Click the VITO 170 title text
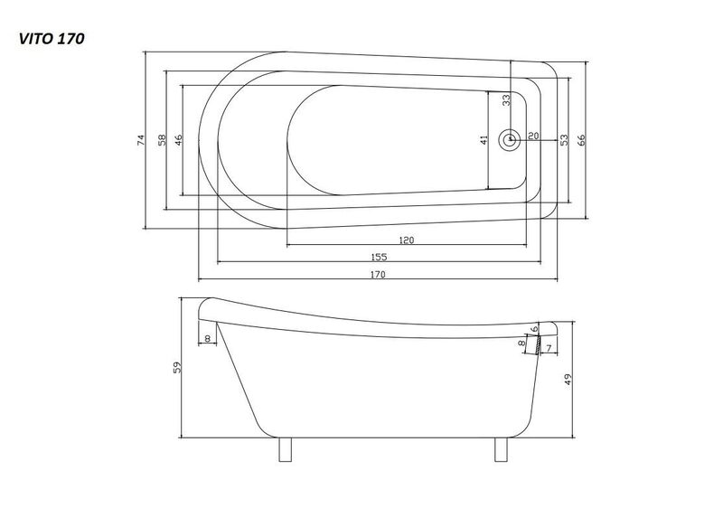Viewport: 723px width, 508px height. tap(52, 39)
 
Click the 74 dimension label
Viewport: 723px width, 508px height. tap(140, 140)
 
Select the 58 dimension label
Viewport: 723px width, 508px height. tap(162, 140)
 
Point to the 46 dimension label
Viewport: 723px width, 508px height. tap(179, 140)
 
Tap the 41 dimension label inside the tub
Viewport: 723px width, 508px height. tap(484, 140)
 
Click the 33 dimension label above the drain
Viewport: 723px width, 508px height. tap(506, 100)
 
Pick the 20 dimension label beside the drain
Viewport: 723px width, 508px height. tap(533, 136)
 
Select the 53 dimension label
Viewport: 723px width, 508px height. tap(564, 140)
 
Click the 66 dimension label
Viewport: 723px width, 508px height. tap(581, 140)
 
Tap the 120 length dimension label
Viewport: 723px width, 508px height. tap(406, 240)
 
